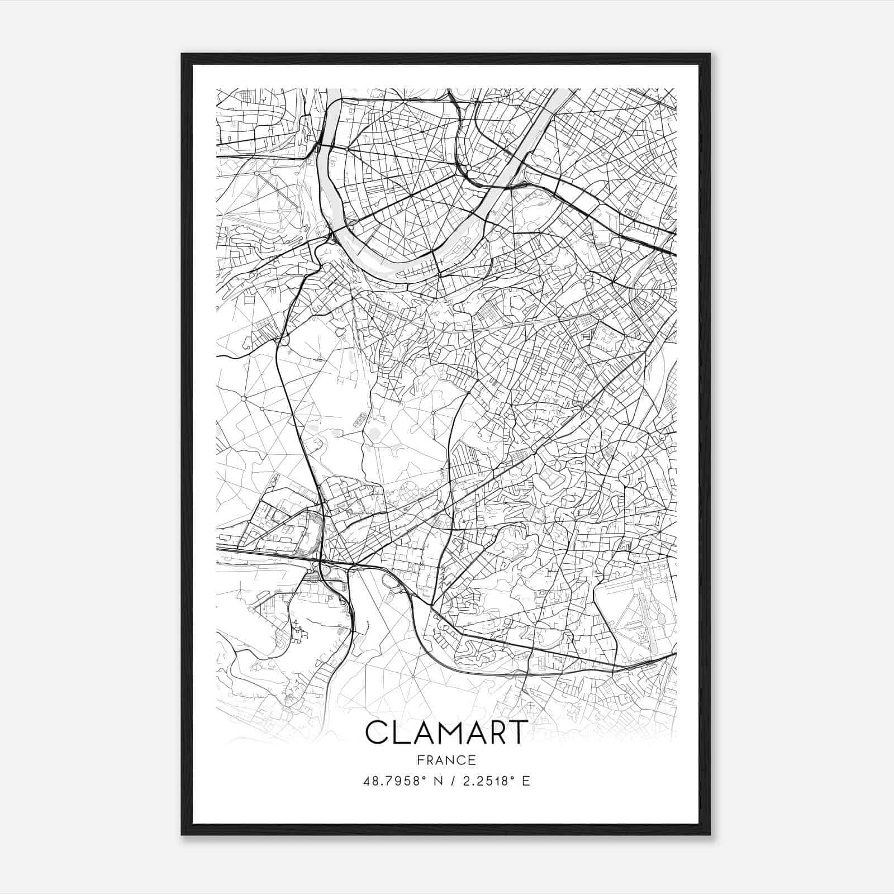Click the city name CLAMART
[x=446, y=733]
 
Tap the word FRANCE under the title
[x=446, y=760]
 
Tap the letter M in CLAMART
[x=447, y=733]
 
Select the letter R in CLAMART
[x=494, y=733]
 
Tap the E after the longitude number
[x=526, y=781]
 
